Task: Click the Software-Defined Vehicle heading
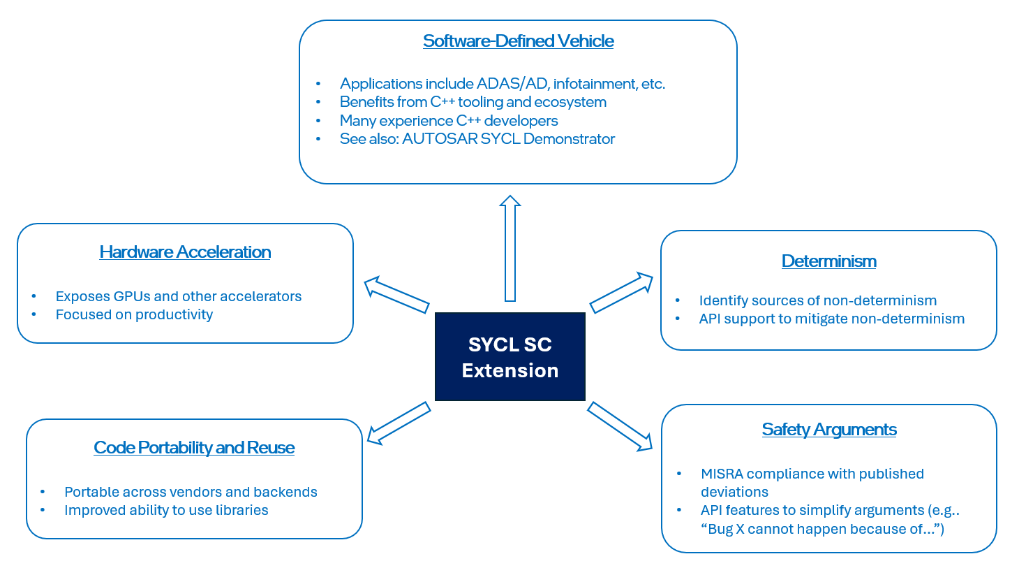pos(518,41)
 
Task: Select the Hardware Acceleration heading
pos(185,252)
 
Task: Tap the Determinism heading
pos(828,261)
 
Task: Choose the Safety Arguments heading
pos(829,430)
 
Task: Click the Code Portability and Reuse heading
pos(194,448)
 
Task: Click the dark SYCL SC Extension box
pos(510,357)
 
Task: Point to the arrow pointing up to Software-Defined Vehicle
pos(510,249)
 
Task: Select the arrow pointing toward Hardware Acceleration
pos(396,294)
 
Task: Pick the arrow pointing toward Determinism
pos(621,293)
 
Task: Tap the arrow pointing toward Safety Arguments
pos(620,426)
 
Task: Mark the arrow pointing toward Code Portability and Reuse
pos(399,423)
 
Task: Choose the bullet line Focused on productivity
pos(134,315)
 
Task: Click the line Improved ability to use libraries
pos(166,511)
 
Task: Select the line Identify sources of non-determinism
pos(817,301)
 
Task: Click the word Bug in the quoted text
pos(720,530)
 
